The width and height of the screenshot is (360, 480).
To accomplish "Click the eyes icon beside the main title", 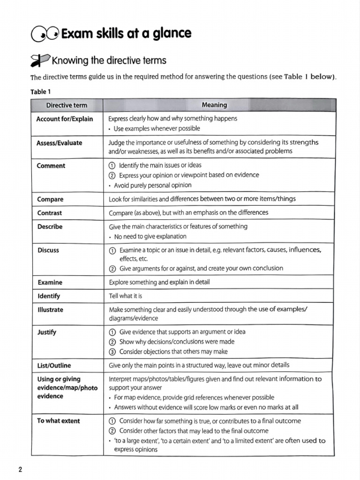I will point(45,34).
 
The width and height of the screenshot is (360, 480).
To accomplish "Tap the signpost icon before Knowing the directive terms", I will point(40,60).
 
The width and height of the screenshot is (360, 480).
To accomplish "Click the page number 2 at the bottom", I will point(20,471).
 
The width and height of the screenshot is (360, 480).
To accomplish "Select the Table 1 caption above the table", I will point(41,92).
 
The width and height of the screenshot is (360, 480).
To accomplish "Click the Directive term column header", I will point(67,105).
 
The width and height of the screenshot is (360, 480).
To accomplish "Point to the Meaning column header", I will point(214,105).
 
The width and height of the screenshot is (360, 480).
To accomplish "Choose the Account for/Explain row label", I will point(65,119).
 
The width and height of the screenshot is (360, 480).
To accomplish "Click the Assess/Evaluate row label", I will point(60,143).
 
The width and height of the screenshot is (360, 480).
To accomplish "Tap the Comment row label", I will point(51,166).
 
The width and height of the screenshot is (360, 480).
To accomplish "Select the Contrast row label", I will point(50,213).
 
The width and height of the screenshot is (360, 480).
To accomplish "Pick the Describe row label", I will point(50,226).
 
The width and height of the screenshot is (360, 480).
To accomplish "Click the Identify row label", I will point(49,296).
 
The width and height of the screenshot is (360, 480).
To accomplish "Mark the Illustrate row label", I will point(50,310).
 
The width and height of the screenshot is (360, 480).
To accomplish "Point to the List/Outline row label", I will point(54,366).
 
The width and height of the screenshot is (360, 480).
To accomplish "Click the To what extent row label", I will point(59,421).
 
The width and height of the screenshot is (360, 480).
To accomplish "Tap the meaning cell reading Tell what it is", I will point(126,296).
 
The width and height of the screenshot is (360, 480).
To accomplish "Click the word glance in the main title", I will point(170,34).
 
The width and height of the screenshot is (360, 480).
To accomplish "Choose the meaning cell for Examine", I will point(159,283).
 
